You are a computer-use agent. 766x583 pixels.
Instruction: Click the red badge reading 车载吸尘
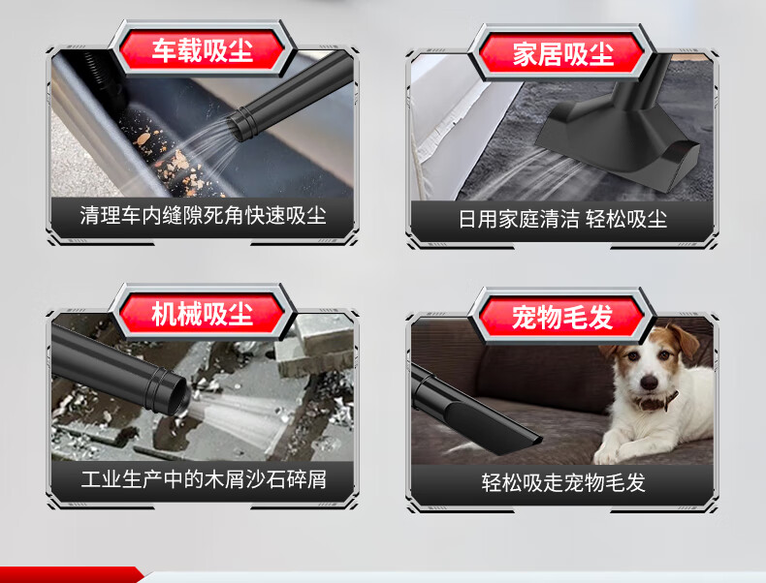(203, 49)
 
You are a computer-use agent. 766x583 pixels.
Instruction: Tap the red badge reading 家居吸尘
(562, 53)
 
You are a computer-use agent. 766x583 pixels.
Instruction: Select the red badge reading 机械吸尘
(203, 313)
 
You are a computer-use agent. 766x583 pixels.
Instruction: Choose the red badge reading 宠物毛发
(562, 317)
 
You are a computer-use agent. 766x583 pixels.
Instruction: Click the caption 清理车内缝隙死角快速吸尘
(203, 216)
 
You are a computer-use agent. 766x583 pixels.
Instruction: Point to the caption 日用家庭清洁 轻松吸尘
(562, 219)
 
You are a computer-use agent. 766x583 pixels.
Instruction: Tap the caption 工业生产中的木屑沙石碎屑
(204, 479)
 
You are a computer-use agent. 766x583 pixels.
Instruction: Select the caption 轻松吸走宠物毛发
(563, 483)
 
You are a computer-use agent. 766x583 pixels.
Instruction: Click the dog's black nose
(650, 382)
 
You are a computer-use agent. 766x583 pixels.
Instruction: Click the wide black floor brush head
(619, 140)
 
